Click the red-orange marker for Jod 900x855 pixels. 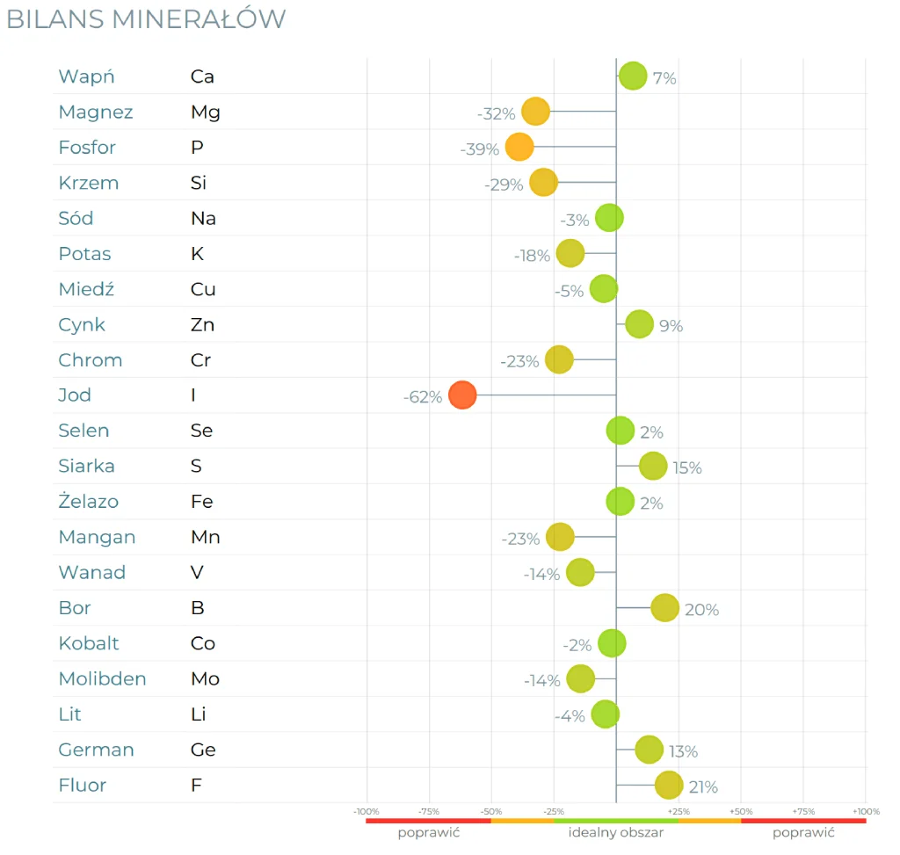(x=462, y=395)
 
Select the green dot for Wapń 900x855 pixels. (x=633, y=76)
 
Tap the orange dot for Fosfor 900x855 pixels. (x=519, y=148)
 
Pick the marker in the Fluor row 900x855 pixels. (x=669, y=786)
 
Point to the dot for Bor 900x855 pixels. (x=665, y=608)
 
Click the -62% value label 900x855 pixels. (x=423, y=397)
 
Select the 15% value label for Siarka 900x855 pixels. (x=687, y=468)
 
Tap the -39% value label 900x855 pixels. (x=480, y=149)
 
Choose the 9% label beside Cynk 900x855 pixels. (x=671, y=326)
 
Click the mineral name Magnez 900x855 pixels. (x=96, y=112)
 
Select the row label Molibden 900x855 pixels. (x=102, y=679)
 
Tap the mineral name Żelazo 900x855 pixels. (x=88, y=502)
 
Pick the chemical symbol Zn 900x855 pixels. (x=202, y=325)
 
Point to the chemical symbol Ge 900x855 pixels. (x=203, y=750)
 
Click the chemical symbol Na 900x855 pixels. (x=203, y=219)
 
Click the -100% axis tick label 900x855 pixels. (x=367, y=811)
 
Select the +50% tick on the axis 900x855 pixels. (x=741, y=811)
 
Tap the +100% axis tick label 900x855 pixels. (x=866, y=811)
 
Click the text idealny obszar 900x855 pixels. (x=616, y=832)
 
